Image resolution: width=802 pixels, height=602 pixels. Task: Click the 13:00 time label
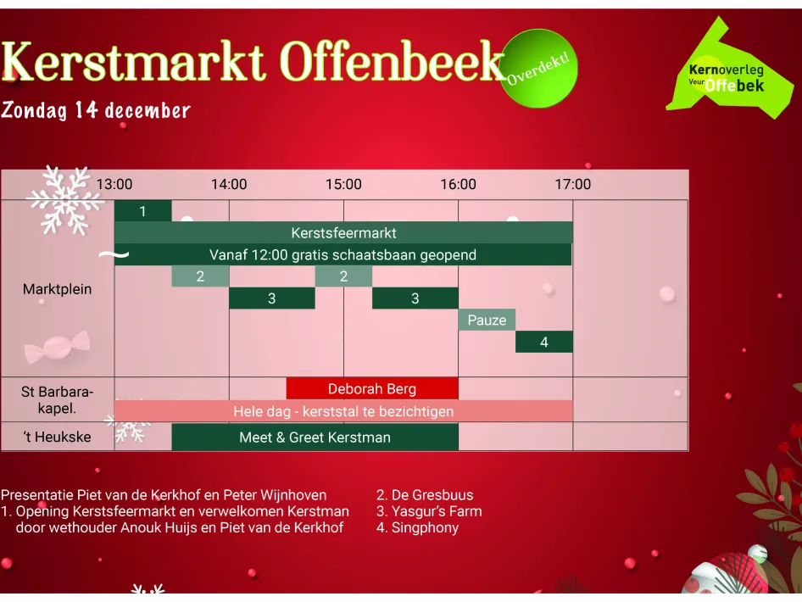(x=114, y=185)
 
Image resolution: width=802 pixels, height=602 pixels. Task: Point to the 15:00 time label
(x=343, y=185)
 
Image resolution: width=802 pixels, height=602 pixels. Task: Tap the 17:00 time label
(x=573, y=185)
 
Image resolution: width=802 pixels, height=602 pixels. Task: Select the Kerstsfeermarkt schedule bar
(x=343, y=232)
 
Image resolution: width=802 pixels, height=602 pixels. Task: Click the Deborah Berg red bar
(x=372, y=389)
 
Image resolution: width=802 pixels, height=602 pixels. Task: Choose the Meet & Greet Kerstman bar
(x=315, y=438)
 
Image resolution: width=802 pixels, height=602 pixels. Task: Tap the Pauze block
(x=487, y=320)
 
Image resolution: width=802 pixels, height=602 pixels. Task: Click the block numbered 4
(x=544, y=342)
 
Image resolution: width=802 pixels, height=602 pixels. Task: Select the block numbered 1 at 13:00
(x=142, y=211)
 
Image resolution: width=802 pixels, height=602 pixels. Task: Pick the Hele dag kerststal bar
(x=343, y=411)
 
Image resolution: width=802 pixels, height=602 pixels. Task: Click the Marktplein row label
(x=57, y=289)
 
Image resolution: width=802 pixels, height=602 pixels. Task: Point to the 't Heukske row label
(x=57, y=438)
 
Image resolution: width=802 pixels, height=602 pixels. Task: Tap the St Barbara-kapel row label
(x=57, y=399)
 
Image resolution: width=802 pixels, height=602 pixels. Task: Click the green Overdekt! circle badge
(x=539, y=69)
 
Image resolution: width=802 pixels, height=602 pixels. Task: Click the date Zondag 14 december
(x=96, y=110)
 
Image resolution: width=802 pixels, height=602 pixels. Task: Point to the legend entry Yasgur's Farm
(x=429, y=511)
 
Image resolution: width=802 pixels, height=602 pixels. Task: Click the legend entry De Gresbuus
(x=425, y=495)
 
